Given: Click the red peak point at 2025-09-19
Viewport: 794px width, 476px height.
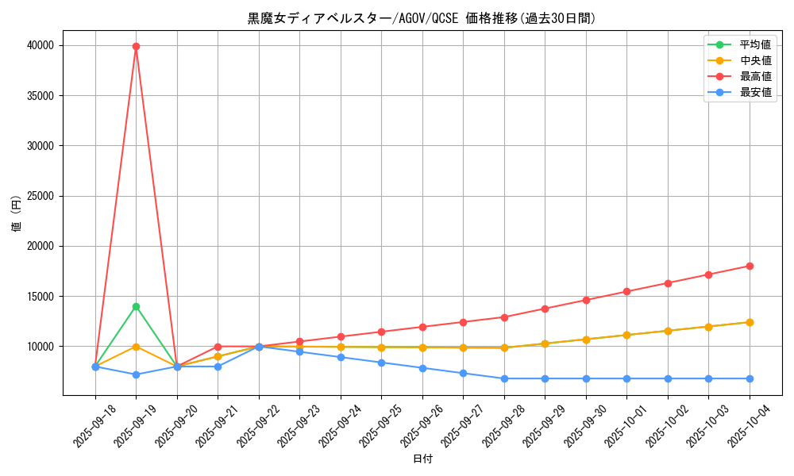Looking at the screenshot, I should tap(136, 46).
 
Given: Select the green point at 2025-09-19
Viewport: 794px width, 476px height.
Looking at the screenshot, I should tap(136, 306).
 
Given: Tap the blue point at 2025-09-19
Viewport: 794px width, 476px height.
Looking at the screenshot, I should tap(136, 374).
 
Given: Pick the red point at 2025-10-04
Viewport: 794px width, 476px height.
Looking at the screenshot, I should tap(750, 266).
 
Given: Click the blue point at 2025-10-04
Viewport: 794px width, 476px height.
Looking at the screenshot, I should tap(750, 378).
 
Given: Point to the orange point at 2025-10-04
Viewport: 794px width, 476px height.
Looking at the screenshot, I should tap(750, 322).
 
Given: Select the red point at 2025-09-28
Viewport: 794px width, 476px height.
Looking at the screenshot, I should tap(504, 317).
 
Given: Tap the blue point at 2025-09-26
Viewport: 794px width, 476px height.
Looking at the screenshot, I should tap(422, 368).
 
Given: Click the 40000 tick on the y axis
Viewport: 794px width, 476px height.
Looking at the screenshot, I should tap(41, 46).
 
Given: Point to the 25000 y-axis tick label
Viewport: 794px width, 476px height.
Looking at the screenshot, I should tap(41, 196).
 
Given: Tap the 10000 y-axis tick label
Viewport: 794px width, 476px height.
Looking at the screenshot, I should tap(41, 347).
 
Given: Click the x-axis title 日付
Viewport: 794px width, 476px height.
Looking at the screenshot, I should tap(422, 459).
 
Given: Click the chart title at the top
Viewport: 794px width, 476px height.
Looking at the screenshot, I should tap(422, 18).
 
